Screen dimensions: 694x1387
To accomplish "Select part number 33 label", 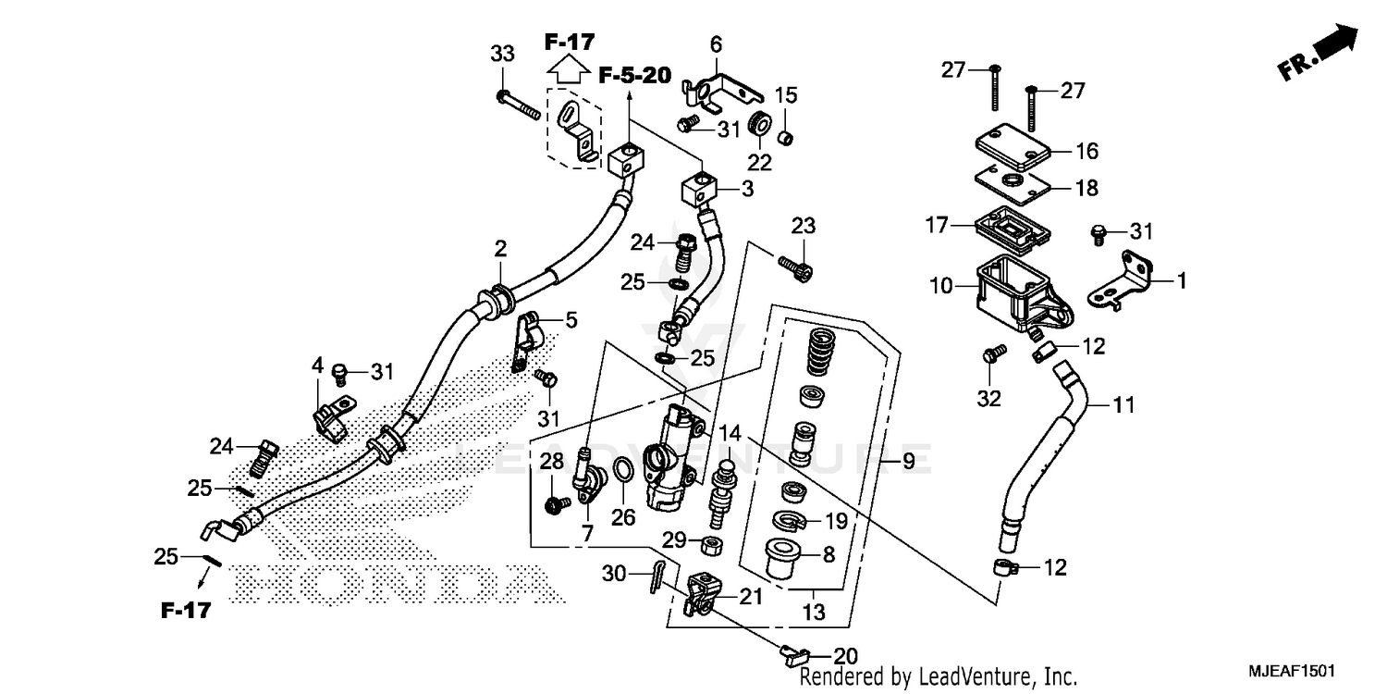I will click(x=502, y=55).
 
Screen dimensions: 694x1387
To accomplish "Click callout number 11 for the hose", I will click(x=1123, y=404).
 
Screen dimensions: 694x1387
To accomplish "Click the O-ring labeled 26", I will click(x=623, y=471).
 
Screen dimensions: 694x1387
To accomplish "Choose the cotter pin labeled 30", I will click(x=658, y=579).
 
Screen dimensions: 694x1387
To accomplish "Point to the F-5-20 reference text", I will click(x=633, y=76).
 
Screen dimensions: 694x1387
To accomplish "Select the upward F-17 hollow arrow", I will click(x=570, y=68).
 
